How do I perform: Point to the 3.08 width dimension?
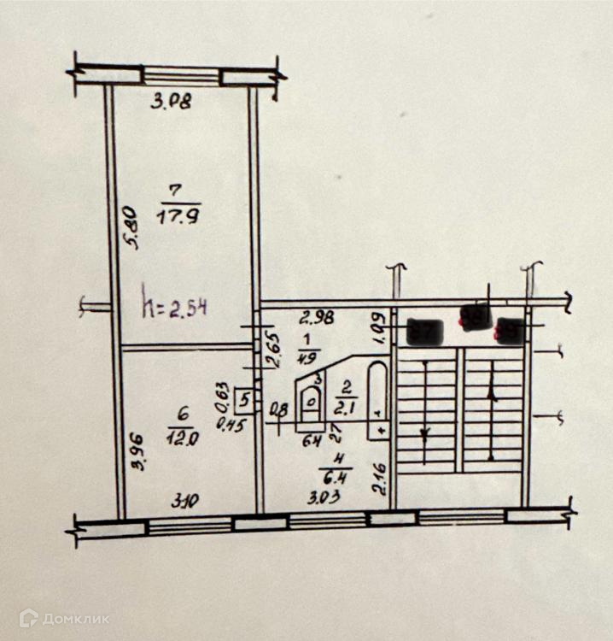(172, 103)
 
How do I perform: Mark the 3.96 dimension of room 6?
(137, 453)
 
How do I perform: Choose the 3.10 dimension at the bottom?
(180, 503)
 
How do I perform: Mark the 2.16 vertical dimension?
(381, 479)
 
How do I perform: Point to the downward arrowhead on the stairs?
(424, 433)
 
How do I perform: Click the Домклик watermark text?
(76, 618)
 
